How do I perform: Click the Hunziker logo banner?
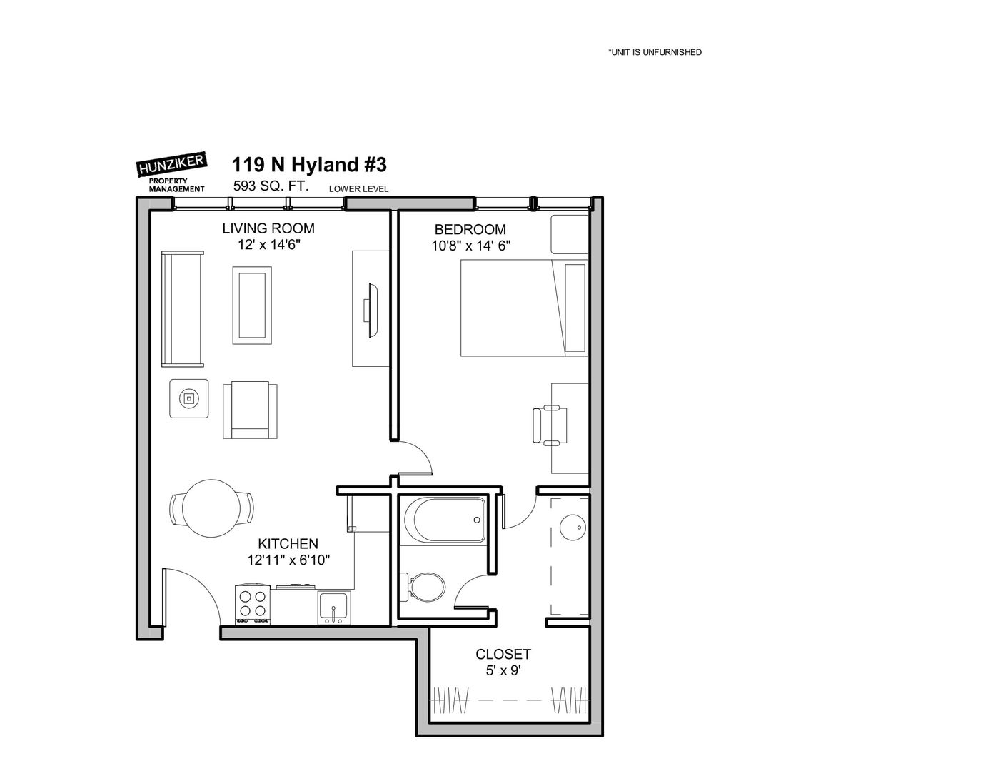pyautogui.click(x=173, y=164)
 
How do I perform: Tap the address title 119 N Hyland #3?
pyautogui.click(x=309, y=164)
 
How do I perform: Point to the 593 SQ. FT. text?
pyautogui.click(x=271, y=186)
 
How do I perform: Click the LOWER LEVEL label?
pyautogui.click(x=358, y=188)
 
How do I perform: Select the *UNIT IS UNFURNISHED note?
pyautogui.click(x=655, y=52)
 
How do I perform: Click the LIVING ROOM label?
pyautogui.click(x=268, y=228)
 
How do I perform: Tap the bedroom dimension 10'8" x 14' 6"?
pyautogui.click(x=470, y=246)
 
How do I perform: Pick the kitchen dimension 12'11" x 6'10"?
pyautogui.click(x=288, y=560)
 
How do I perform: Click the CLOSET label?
pyautogui.click(x=503, y=654)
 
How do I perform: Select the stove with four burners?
pyautogui.click(x=253, y=605)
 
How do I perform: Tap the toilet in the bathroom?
pyautogui.click(x=423, y=587)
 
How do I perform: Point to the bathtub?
pyautogui.click(x=445, y=520)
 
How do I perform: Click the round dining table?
pyautogui.click(x=211, y=508)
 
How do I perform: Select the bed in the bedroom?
pyautogui.click(x=525, y=308)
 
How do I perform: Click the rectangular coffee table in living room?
pyautogui.click(x=252, y=305)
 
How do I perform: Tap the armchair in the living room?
pyautogui.click(x=251, y=410)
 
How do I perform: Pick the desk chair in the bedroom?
pyautogui.click(x=549, y=425)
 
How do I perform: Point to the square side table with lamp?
pyautogui.click(x=188, y=398)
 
